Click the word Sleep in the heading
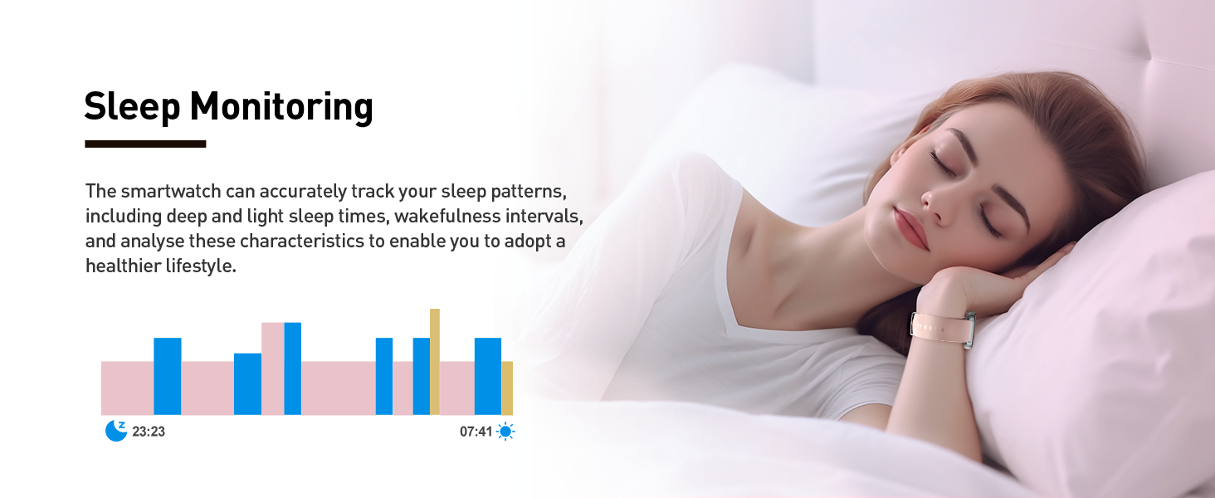(x=132, y=107)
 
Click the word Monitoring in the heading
(x=281, y=107)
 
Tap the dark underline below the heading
(x=145, y=144)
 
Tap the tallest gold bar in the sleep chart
(x=435, y=362)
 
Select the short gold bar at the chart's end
(x=507, y=388)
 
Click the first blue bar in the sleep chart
(x=167, y=377)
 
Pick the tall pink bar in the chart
(x=273, y=369)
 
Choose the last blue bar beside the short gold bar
(x=488, y=377)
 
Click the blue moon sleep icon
(x=115, y=431)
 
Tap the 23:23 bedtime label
(x=149, y=432)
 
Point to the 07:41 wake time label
(x=476, y=432)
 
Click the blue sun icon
(x=505, y=432)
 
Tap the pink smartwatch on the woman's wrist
(x=943, y=330)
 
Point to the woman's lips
(x=911, y=228)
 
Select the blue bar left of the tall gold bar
(x=422, y=377)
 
